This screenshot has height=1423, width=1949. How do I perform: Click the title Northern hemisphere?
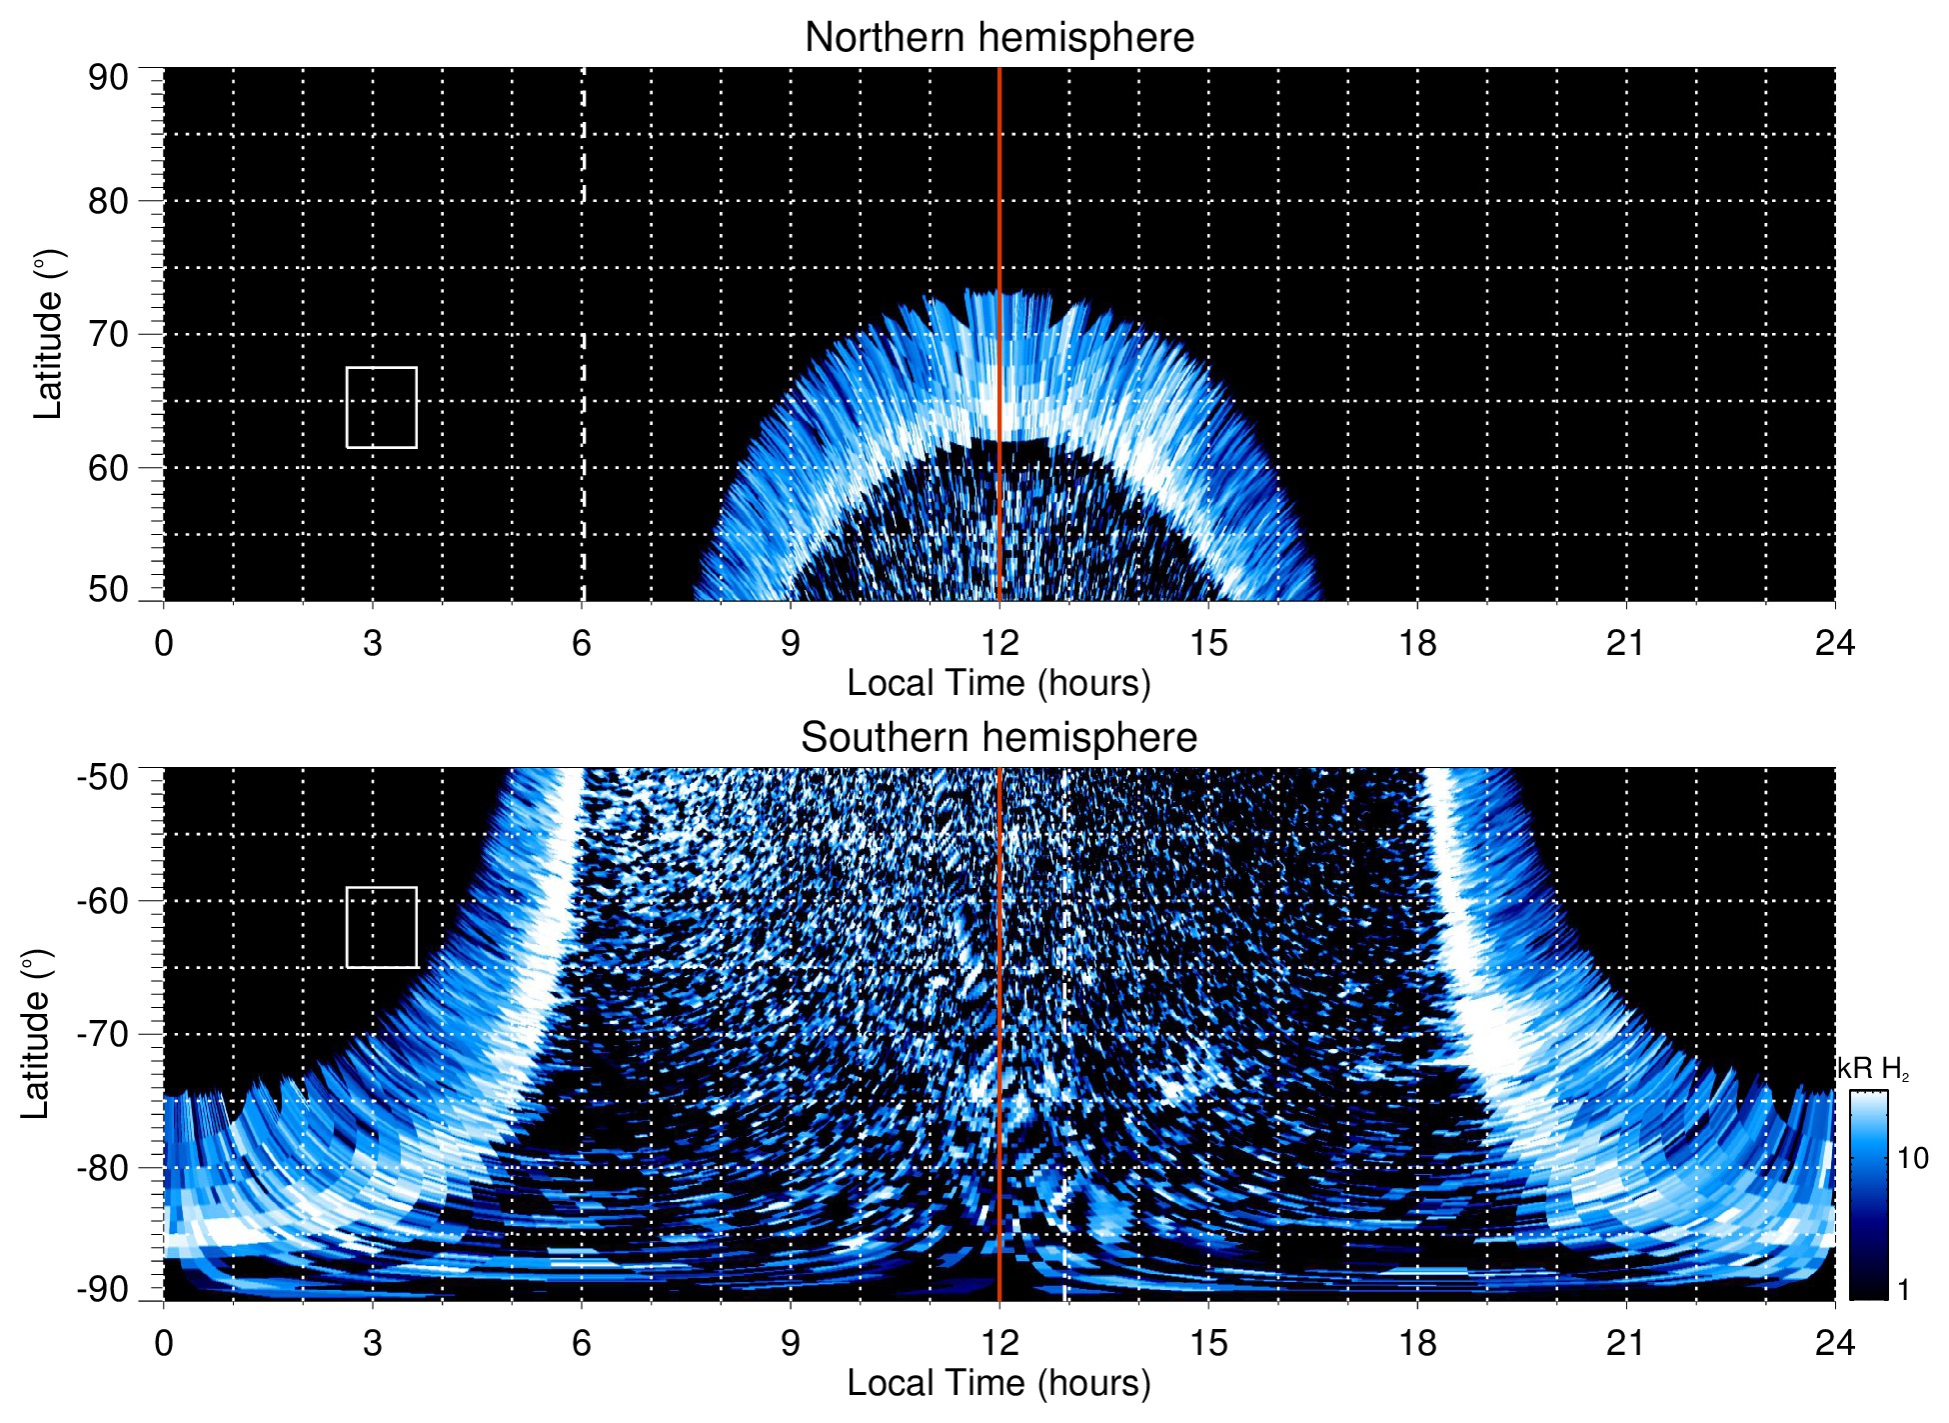coord(998,38)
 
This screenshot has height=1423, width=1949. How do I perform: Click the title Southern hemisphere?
coord(998,738)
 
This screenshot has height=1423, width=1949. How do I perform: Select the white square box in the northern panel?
coord(382,407)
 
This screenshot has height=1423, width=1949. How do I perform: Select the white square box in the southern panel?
coord(382,927)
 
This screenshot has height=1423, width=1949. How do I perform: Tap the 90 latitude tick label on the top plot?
coord(108,78)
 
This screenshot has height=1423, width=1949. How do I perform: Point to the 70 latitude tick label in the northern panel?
coord(108,334)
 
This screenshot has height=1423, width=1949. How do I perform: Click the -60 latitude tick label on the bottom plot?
coord(104,900)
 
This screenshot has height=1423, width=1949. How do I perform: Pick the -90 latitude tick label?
coord(104,1289)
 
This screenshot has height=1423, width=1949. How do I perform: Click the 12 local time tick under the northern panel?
coord(998,643)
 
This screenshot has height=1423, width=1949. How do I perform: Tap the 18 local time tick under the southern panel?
coord(1416,1343)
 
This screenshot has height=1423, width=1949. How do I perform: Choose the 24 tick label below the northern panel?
coord(1834,643)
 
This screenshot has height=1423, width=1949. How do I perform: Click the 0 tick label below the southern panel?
coord(164,1343)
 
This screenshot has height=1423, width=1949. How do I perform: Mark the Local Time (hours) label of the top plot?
coord(998,684)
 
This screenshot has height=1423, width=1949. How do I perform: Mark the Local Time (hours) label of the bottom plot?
coord(998,1384)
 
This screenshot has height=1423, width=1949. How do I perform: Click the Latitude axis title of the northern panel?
coord(48,334)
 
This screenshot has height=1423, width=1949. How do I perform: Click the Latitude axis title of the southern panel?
coord(36,1034)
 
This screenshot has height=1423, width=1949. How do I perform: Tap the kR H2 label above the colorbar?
coord(1873,1069)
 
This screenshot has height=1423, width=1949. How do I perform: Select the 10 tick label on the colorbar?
coord(1912,1159)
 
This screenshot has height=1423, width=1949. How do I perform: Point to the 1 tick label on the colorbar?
coord(1903,1290)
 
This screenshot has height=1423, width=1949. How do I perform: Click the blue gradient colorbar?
coord(1867,1195)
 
